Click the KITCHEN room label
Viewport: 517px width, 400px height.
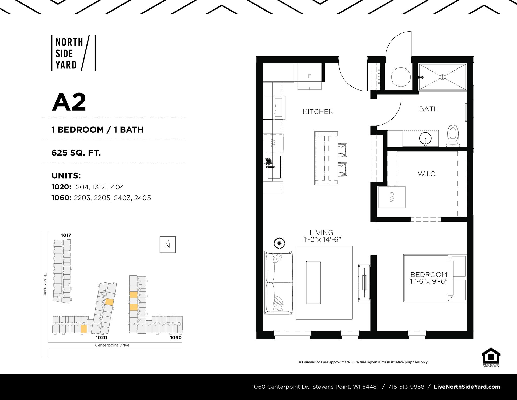tap(318, 112)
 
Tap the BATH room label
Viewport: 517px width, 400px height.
tap(429, 109)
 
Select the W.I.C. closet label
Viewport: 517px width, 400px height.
tap(427, 174)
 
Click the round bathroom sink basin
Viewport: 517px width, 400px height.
tap(425, 138)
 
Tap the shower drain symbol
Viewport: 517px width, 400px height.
tap(442, 77)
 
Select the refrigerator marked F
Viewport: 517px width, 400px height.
tap(309, 76)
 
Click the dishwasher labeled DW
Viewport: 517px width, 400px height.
tap(273, 143)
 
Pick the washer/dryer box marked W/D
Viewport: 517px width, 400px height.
tap(392, 197)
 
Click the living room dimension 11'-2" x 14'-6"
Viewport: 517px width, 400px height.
tap(322, 239)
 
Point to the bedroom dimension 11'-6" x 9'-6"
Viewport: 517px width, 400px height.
tap(429, 281)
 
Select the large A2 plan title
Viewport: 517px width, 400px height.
tap(69, 102)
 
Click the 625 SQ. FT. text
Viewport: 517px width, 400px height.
tap(76, 153)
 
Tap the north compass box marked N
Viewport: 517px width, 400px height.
tap(167, 244)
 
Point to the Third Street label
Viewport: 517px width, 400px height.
tap(45, 284)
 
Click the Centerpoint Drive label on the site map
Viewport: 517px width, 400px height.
tap(112, 345)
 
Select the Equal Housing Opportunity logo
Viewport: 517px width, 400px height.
tap(491, 357)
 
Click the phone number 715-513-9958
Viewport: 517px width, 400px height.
tap(406, 387)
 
